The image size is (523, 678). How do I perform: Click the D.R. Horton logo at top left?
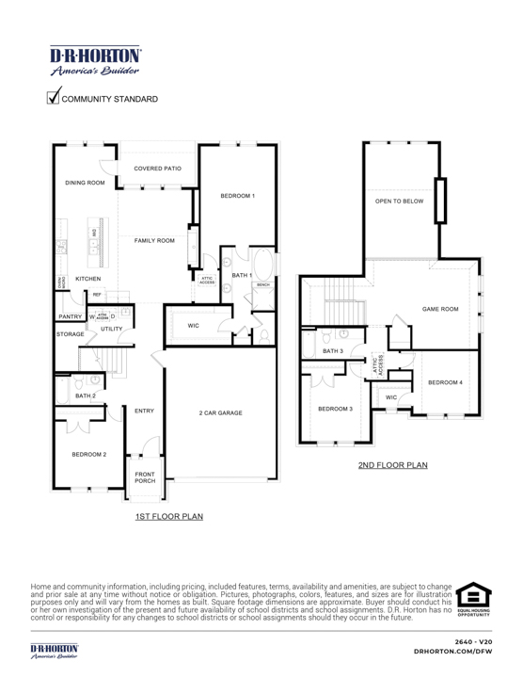click(x=92, y=59)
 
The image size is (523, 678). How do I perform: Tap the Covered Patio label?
click(x=157, y=168)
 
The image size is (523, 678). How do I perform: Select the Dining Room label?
click(x=85, y=183)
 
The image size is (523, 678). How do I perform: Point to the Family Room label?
click(x=154, y=241)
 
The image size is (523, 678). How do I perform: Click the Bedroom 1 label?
click(x=238, y=195)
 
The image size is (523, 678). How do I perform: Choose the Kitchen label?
click(x=87, y=279)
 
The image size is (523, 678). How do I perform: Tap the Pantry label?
click(x=71, y=317)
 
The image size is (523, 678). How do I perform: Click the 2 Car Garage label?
click(x=221, y=412)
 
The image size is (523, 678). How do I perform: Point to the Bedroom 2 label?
click(x=89, y=454)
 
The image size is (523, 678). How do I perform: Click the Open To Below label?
click(x=399, y=202)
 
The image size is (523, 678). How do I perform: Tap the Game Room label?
click(x=440, y=309)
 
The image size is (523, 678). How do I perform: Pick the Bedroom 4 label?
click(x=445, y=381)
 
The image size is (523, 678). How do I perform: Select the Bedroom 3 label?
click(x=335, y=409)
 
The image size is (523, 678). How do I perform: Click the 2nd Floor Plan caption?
click(x=392, y=465)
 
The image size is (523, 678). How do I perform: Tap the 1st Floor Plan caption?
click(x=168, y=516)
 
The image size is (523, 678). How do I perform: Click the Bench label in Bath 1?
click(x=263, y=283)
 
